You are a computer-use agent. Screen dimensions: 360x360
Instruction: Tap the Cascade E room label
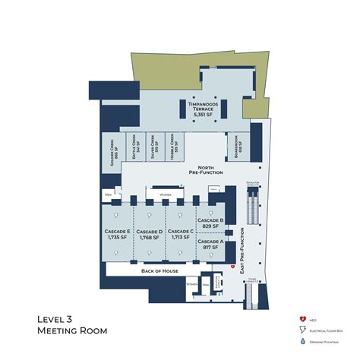coord(118,235)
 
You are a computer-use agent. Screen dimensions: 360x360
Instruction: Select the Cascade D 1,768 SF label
coord(150,235)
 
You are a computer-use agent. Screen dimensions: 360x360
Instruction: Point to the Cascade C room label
coord(180,235)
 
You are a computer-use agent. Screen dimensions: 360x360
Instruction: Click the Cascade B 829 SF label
coord(210,223)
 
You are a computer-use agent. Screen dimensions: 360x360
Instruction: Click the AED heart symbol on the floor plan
coord(232,267)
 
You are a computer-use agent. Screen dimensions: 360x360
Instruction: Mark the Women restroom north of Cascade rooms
coord(164,195)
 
